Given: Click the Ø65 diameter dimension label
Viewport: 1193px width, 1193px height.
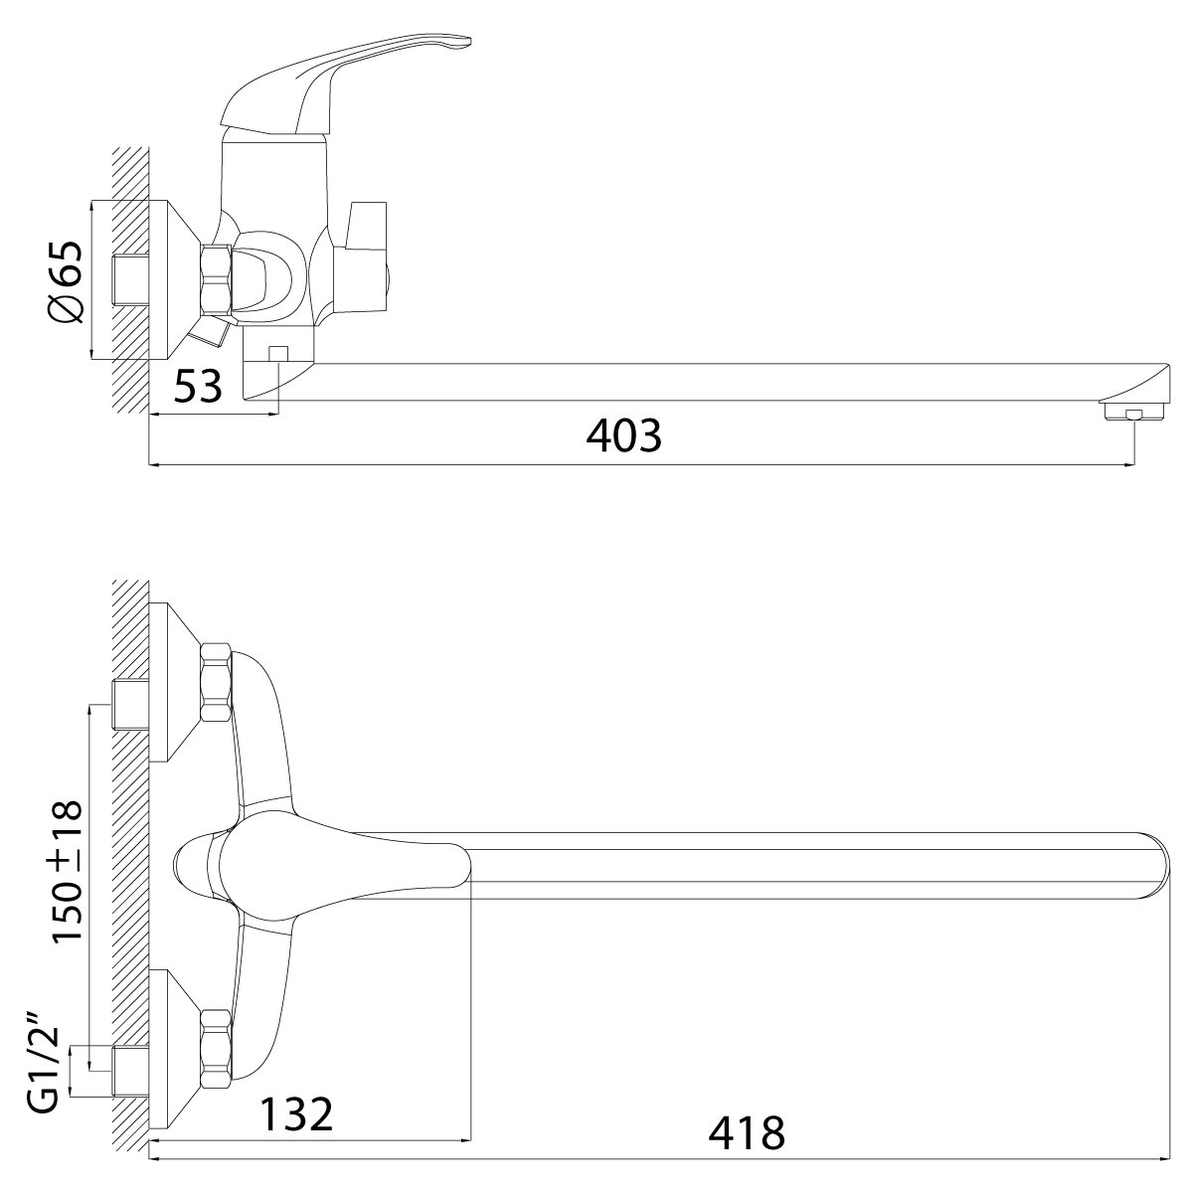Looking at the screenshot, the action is click(65, 281).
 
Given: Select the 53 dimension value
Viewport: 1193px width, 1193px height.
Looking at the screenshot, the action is click(198, 387).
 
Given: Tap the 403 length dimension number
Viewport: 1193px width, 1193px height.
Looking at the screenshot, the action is click(623, 435).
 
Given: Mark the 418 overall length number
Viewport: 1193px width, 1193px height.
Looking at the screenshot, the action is click(747, 1133).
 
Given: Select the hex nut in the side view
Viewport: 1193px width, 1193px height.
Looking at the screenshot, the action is click(216, 279).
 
